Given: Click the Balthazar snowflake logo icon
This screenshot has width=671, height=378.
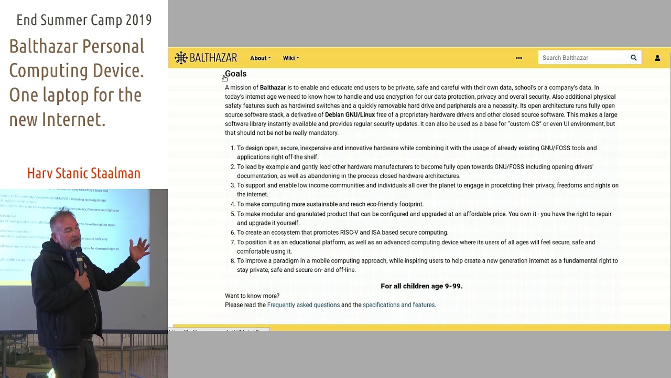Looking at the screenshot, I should click(x=181, y=58).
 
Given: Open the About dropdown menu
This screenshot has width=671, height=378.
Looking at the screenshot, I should click(x=260, y=58).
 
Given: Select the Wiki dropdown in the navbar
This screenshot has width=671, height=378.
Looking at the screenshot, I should click(x=291, y=58).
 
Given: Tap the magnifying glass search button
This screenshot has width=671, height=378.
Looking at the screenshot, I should click(x=633, y=58).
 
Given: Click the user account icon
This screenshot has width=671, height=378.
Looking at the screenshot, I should click(x=657, y=58).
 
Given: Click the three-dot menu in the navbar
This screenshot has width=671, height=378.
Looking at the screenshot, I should click(x=519, y=58).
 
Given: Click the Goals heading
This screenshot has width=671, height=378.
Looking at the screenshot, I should click(x=235, y=74).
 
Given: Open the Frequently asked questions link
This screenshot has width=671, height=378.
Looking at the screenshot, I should click(x=304, y=305).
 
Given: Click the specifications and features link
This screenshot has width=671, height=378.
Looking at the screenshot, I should click(x=398, y=305).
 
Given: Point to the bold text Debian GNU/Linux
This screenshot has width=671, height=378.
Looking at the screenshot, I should click(x=350, y=115).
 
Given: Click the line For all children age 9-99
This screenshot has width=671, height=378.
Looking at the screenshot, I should click(x=421, y=286).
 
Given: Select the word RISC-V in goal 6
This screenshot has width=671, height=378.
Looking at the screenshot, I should click(x=350, y=233).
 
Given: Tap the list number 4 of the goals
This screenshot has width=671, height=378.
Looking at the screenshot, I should click(x=233, y=204).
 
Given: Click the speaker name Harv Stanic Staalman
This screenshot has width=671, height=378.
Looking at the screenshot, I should click(x=84, y=173).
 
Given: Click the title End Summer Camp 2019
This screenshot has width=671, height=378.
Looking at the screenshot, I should click(x=84, y=20).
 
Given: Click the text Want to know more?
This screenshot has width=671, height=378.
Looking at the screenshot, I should click(x=252, y=296).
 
